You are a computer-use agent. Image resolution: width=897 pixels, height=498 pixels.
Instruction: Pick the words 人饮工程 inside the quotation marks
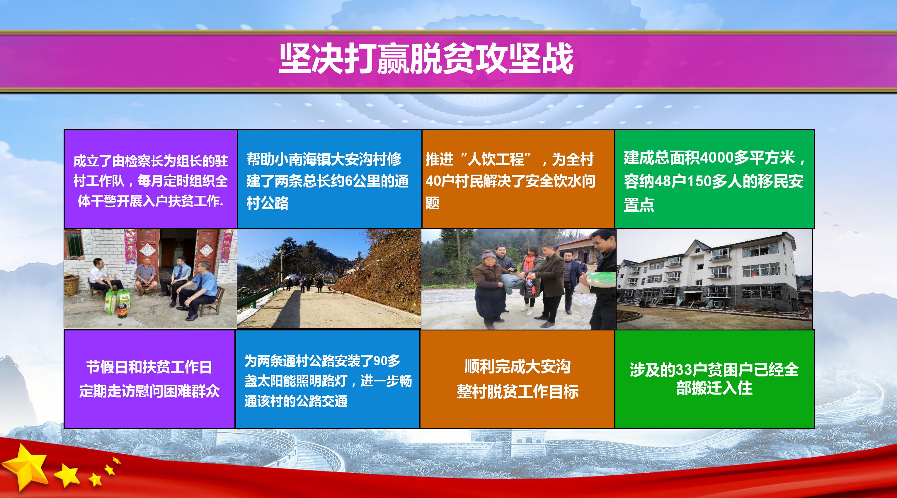pyautogui.click(x=495, y=159)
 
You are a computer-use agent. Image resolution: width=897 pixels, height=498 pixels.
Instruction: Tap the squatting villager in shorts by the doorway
pyautogui.click(x=146, y=277)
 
